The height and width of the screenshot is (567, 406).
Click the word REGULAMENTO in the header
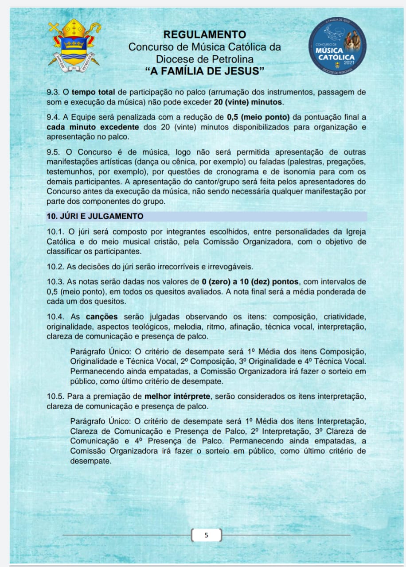(x=204, y=34)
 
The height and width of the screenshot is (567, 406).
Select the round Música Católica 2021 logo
(x=337, y=47)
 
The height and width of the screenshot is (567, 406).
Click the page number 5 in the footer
(x=206, y=535)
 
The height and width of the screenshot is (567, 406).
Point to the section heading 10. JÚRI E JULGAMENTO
(x=95, y=216)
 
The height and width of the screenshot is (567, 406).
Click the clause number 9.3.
(x=53, y=93)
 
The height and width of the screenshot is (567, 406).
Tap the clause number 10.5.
(x=55, y=396)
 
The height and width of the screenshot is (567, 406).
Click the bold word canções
(x=101, y=317)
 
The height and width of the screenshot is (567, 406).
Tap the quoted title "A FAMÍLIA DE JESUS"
(x=204, y=70)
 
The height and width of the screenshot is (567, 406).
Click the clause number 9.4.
(x=53, y=117)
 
